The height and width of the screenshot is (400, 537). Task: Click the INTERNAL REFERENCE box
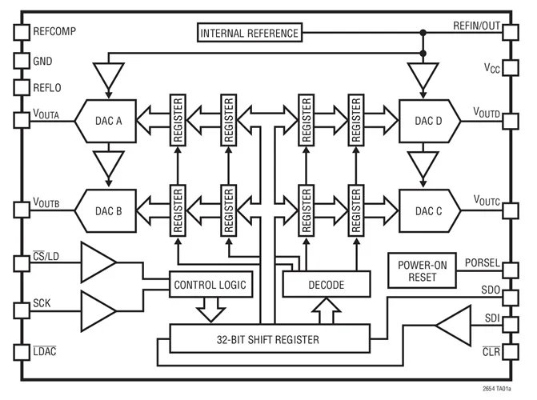(x=250, y=34)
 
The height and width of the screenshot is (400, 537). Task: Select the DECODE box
(x=327, y=284)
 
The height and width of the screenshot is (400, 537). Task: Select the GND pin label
(x=43, y=61)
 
